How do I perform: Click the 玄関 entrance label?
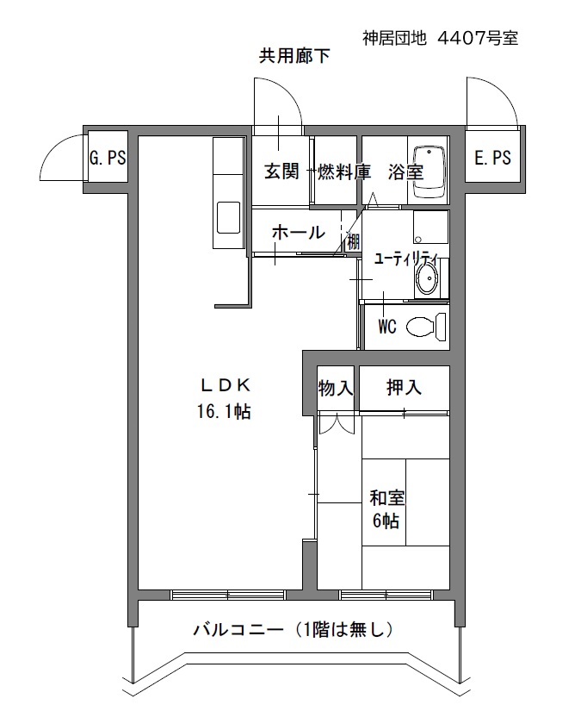(x=281, y=172)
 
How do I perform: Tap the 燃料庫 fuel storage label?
(x=344, y=172)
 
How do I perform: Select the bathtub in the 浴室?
(x=428, y=172)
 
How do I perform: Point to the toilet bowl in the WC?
(x=426, y=327)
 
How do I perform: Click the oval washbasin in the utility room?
(x=427, y=278)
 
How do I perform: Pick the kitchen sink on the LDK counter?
(x=229, y=218)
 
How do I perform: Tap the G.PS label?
(x=108, y=158)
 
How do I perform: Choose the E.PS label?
(x=492, y=158)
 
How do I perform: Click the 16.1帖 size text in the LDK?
(x=224, y=411)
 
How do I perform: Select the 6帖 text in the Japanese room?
(x=386, y=521)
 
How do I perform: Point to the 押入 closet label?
(x=404, y=387)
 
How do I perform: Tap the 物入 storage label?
(x=335, y=388)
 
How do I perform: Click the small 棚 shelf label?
(x=353, y=241)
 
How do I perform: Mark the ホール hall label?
(x=299, y=232)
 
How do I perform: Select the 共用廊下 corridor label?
(x=294, y=56)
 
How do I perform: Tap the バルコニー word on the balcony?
(x=238, y=629)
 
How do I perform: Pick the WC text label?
(x=387, y=327)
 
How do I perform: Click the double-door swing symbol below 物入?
(x=336, y=424)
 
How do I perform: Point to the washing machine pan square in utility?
(x=430, y=228)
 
